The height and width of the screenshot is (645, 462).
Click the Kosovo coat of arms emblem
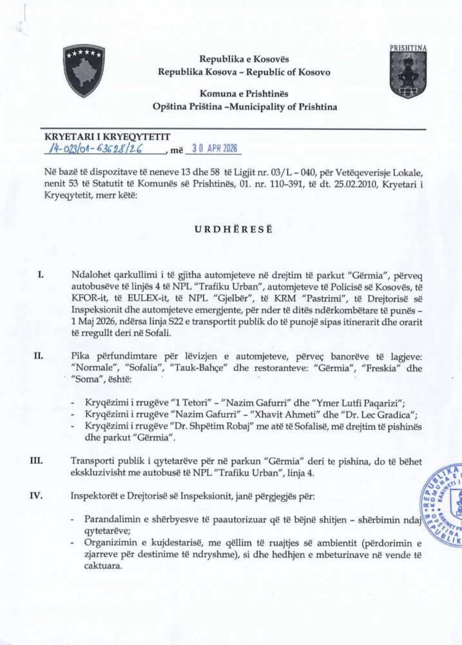84,71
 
